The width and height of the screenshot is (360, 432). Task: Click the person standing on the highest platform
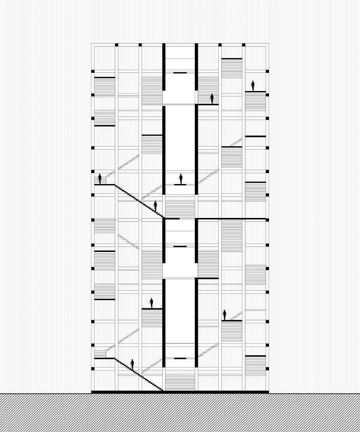pos(253,86)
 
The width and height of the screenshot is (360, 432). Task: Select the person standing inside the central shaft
pos(180,179)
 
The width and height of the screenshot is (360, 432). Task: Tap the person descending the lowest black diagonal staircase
pos(132,365)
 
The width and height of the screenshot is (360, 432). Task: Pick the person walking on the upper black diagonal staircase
pos(155,206)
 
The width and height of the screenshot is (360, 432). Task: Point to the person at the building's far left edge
pos(100,179)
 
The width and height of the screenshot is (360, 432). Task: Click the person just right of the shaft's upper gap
pos(212,99)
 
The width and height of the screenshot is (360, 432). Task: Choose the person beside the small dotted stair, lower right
pos(224,315)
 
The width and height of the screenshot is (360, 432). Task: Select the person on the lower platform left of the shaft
pos(151,303)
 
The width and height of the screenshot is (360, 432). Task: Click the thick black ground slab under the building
pos(180,392)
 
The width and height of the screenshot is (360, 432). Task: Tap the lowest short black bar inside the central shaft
pos(180,358)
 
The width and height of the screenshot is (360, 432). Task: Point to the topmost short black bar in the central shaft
pos(180,73)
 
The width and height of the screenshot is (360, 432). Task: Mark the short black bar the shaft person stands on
pos(180,185)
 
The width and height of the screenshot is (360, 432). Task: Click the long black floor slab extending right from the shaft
pos(231,218)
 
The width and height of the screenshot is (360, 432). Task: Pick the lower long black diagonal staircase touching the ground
pos(139,375)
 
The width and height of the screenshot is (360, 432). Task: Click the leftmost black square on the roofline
pos(117,45)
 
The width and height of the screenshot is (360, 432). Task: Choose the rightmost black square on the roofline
pos(244,45)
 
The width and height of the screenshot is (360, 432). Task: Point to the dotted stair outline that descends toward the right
pos(129,241)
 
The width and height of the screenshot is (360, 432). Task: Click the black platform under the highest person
pos(255,92)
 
